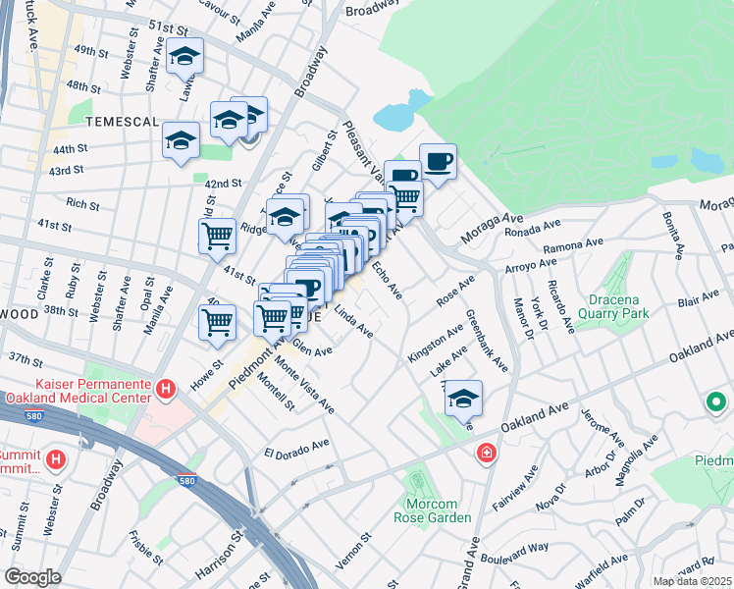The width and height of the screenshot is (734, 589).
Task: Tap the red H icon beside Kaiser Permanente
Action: tap(166, 391)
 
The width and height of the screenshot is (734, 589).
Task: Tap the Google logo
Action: tap(32, 577)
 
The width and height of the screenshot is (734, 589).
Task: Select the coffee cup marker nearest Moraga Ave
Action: tap(438, 162)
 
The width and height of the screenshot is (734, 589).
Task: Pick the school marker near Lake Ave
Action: tap(463, 399)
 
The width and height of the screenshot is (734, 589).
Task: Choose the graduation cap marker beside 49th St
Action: tap(183, 59)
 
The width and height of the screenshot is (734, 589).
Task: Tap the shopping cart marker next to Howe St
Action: tap(217, 322)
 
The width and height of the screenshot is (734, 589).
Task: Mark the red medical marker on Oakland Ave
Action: tap(486, 453)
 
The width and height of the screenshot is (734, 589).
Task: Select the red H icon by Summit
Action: tap(57, 458)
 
